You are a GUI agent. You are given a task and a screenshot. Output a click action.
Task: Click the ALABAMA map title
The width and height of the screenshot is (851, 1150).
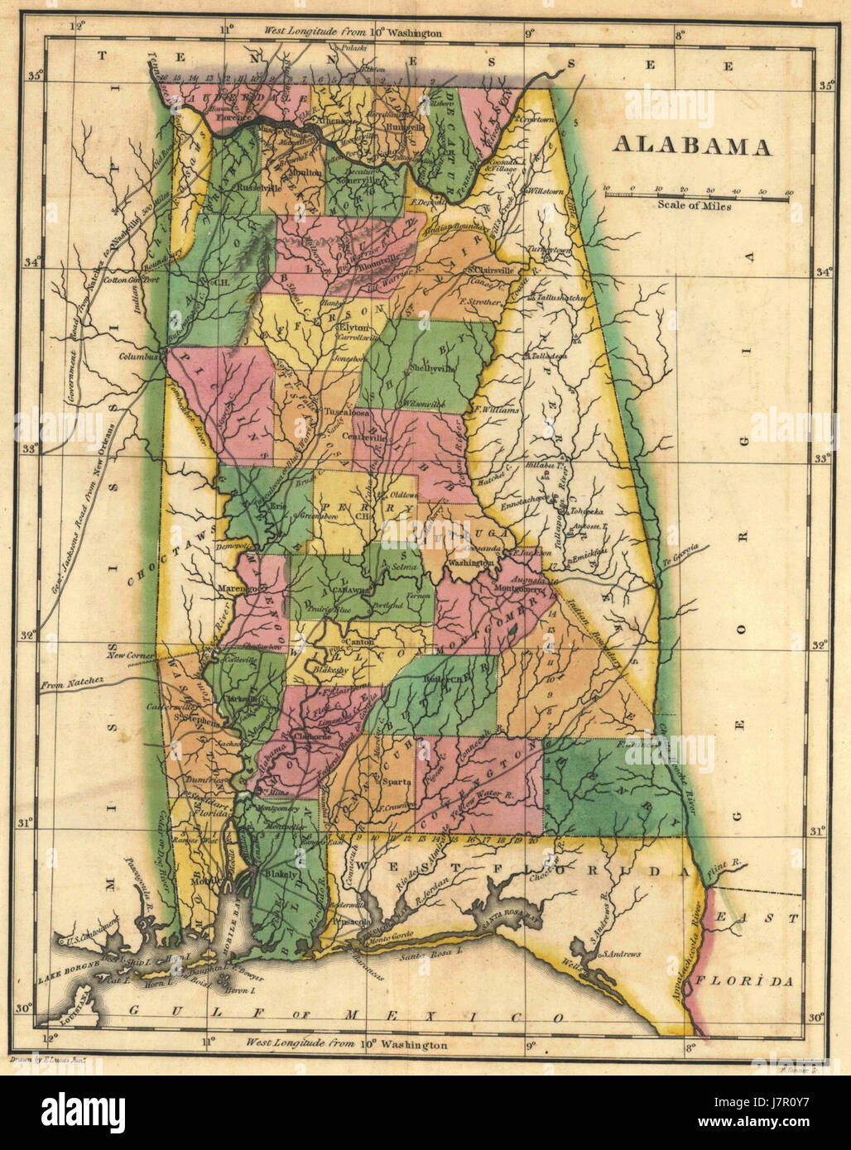692,147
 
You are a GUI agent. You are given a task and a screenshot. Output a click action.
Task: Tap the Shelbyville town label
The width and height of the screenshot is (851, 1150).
434,369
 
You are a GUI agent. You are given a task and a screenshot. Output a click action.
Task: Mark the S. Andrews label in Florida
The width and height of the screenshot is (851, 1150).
623,954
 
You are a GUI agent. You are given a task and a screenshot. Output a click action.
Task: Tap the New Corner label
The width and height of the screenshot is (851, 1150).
126,654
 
